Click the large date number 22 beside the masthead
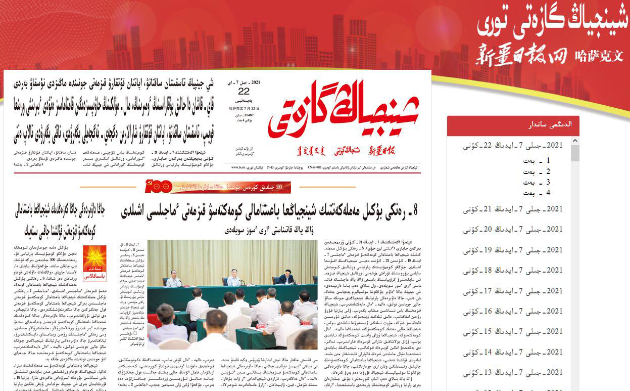pyautogui.click(x=244, y=91)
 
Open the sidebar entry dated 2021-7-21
pyautogui.click(x=513, y=209)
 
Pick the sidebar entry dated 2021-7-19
pyautogui.click(x=513, y=250)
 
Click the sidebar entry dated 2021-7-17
pyautogui.click(x=513, y=291)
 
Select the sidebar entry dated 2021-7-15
pyautogui.click(x=513, y=332)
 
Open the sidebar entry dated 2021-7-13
pyautogui.click(x=513, y=373)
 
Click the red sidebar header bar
pyautogui.click(x=513, y=125)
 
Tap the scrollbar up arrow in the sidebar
pyautogui.click(x=575, y=140)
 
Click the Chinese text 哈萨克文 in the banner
pyautogui.click(x=599, y=56)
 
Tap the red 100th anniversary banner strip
pyautogui.click(x=217, y=187)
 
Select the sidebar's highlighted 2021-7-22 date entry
pyautogui.click(x=513, y=146)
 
